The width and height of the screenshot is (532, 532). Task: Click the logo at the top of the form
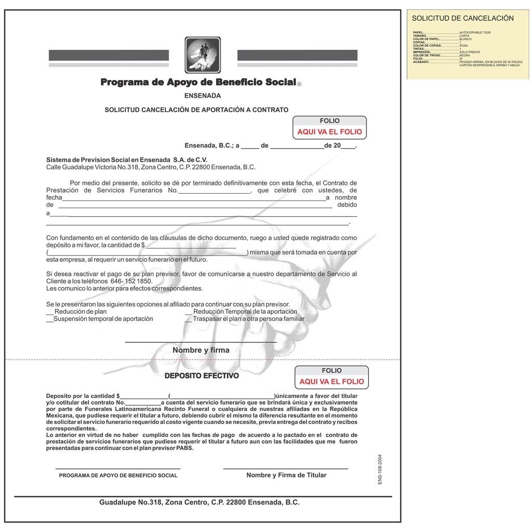[x=203, y=55]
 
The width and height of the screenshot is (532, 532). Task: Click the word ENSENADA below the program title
[x=202, y=96]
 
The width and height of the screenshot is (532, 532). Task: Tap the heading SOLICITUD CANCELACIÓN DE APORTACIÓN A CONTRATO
[x=196, y=110]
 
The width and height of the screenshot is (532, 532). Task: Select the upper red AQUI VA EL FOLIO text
[x=330, y=132]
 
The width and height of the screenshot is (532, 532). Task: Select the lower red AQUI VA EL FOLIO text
[x=332, y=382]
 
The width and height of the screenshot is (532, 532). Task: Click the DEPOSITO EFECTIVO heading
[x=202, y=376]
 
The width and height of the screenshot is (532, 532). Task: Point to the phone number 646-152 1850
[x=132, y=281]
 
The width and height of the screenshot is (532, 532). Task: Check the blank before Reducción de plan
[x=50, y=312]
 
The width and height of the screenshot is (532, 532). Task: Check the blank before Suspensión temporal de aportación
[x=49, y=319]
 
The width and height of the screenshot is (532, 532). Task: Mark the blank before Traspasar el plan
[x=188, y=319]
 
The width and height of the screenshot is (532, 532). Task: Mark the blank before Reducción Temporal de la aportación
[x=188, y=312]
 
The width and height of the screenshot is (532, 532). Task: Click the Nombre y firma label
[x=201, y=350]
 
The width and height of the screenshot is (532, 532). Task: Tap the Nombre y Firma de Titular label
[x=286, y=475]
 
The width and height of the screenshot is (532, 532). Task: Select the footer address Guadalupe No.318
[x=199, y=502]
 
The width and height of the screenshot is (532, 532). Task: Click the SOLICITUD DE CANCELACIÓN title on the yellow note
[x=462, y=18]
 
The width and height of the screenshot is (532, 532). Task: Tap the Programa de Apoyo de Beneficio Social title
[x=198, y=82]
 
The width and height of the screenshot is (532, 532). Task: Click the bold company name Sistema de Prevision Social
[x=126, y=160]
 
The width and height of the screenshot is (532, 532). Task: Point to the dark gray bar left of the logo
[x=109, y=55]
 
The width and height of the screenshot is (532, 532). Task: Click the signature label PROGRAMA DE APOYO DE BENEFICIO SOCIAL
[x=118, y=475]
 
